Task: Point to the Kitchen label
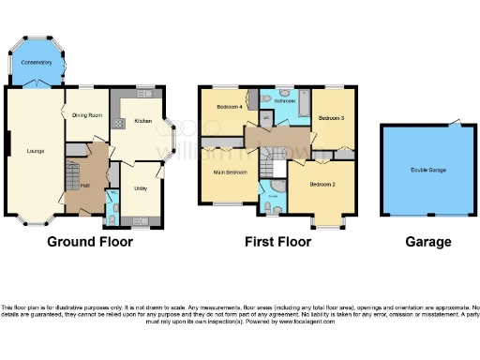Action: click(142, 122)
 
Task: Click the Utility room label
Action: click(141, 189)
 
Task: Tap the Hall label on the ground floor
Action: click(84, 186)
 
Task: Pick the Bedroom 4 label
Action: click(229, 108)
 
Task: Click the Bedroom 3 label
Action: click(331, 118)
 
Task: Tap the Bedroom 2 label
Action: click(322, 185)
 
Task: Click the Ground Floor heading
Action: click(90, 242)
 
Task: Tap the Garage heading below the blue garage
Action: click(428, 242)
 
